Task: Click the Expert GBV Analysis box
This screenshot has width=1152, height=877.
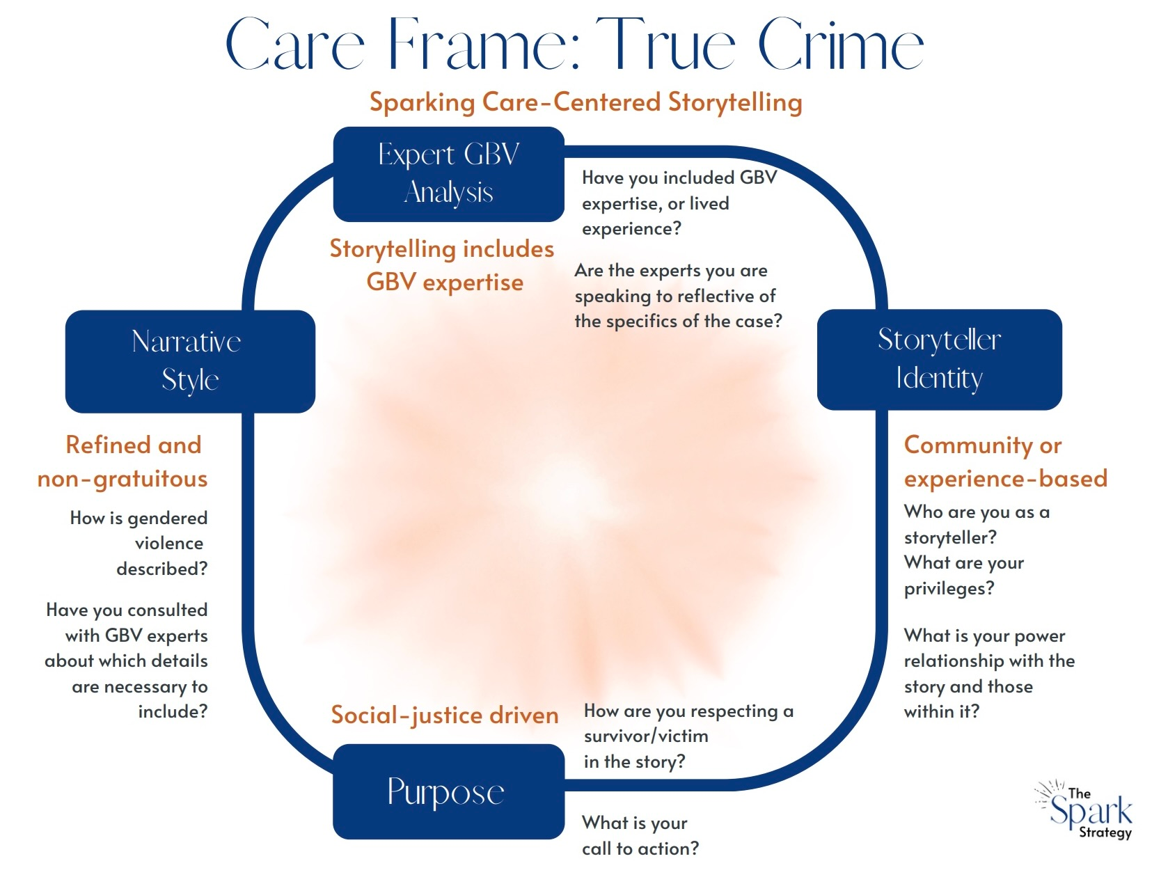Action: (448, 174)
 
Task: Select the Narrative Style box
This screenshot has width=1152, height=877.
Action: (190, 361)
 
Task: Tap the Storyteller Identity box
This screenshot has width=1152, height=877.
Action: (939, 359)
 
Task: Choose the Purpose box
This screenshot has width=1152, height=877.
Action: (448, 791)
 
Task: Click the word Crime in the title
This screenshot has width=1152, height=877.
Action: (840, 46)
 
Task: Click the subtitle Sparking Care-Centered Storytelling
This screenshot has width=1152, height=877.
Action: (585, 102)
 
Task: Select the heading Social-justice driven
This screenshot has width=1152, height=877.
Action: (444, 715)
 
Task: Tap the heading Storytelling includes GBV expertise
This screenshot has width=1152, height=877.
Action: (443, 265)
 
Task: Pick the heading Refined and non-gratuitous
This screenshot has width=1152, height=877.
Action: (124, 461)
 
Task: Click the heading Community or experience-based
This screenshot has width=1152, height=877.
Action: (1004, 461)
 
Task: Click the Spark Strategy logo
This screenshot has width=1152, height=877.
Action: (1086, 810)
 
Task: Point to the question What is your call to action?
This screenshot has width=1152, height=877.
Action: (640, 835)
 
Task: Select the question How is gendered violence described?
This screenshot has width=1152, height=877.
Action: (139, 543)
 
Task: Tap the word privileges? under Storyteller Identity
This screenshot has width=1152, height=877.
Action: (949, 588)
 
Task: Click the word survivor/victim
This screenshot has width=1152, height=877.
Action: (646, 736)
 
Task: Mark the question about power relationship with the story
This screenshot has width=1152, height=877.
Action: (988, 673)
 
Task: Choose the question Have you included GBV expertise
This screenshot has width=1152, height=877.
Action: (679, 203)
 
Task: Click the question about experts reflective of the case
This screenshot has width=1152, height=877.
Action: (678, 295)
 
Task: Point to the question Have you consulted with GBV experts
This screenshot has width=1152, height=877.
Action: (127, 660)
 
